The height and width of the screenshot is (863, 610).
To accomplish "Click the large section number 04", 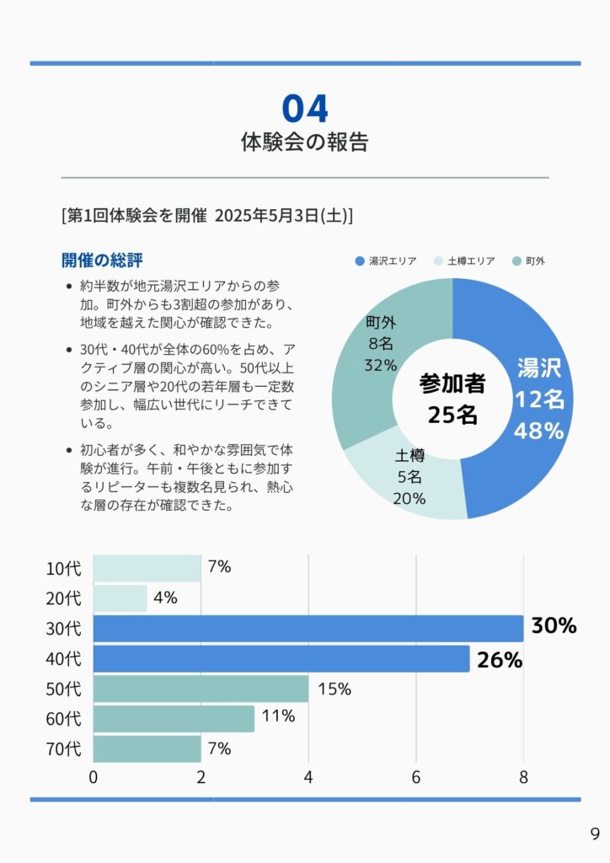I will [x=304, y=110].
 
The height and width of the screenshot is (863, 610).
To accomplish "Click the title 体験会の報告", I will [x=304, y=142].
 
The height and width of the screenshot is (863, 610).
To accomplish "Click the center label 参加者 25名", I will [x=452, y=399].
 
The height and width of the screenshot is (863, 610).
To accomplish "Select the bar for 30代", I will [x=308, y=629].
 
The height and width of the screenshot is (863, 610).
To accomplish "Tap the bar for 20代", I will [x=120, y=598].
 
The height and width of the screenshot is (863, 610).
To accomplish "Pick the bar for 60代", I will [x=174, y=719].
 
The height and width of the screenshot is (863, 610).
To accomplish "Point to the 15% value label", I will [x=334, y=689].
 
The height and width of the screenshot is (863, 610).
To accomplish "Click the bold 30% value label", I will [x=554, y=626].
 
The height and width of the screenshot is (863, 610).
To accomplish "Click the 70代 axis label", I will [x=64, y=749].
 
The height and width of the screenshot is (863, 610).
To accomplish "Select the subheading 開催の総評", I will [x=107, y=260].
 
